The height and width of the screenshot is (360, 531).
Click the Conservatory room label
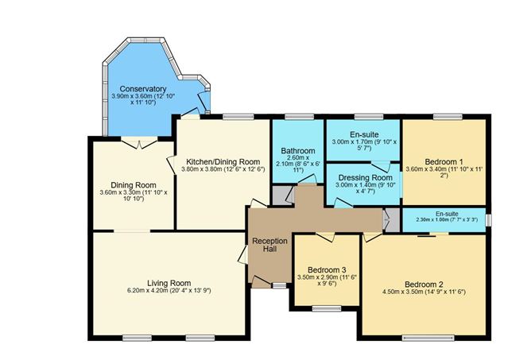(x=143, y=89)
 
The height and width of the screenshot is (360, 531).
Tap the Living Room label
(x=169, y=283)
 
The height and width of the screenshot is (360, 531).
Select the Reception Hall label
(x=270, y=245)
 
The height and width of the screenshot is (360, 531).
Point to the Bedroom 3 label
(x=327, y=270)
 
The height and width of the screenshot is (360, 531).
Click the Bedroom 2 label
(x=424, y=285)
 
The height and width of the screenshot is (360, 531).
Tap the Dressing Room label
(x=366, y=177)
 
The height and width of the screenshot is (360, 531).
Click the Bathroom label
(x=298, y=151)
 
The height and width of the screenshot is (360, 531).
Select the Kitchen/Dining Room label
(x=223, y=162)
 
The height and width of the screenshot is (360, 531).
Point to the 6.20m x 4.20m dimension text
(x=169, y=290)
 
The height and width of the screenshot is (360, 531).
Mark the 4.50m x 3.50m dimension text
(x=424, y=292)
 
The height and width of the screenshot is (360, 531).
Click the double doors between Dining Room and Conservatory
(x=139, y=142)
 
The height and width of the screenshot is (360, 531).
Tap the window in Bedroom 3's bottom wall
(x=327, y=308)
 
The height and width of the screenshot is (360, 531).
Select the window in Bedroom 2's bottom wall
(x=428, y=338)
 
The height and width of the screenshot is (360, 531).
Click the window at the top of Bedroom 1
(x=448, y=117)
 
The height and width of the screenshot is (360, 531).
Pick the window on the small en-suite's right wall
(x=488, y=220)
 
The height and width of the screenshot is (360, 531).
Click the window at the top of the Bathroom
(x=300, y=117)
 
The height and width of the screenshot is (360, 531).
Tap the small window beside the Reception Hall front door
(x=279, y=285)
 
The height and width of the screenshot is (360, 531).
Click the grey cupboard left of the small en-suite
(x=393, y=220)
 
